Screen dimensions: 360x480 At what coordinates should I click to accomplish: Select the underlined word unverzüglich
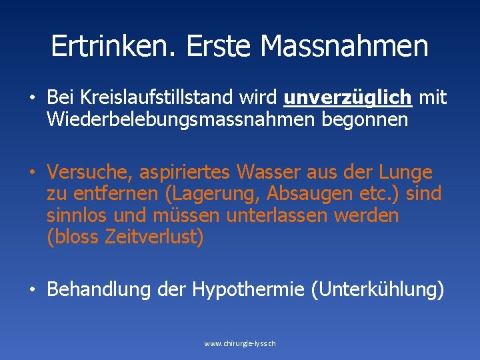point(347,99)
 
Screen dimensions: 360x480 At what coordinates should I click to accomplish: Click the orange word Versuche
point(91,173)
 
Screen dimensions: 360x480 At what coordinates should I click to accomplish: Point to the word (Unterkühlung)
point(377,290)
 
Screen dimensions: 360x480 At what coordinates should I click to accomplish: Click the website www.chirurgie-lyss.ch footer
point(240,343)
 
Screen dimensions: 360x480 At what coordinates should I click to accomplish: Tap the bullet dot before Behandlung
point(31,291)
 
